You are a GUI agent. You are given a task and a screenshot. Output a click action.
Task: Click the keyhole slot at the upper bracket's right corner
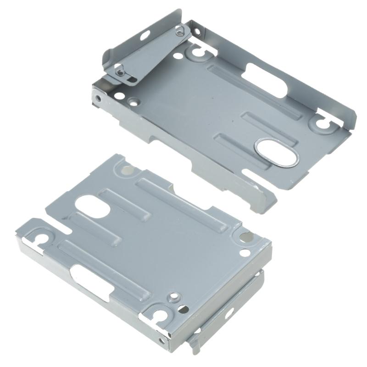pos(323,122)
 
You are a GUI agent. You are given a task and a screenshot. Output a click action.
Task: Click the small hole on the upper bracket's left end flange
pos(97,98)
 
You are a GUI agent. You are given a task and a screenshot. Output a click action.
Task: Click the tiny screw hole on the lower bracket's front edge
pos(161,340)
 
